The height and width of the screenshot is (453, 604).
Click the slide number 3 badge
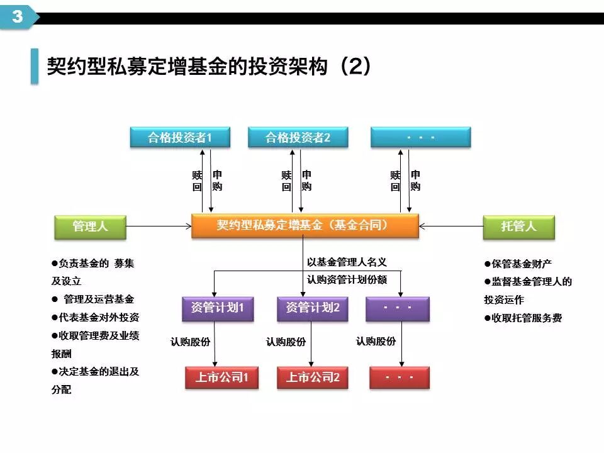coord(17,16)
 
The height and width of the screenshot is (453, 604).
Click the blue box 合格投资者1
coord(180,137)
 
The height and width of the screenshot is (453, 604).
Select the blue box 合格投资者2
coord(298,137)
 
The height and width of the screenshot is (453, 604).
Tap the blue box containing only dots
coord(420,137)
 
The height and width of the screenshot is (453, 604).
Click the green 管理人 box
coord(90,227)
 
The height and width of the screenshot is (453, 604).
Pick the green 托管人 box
coord(518,227)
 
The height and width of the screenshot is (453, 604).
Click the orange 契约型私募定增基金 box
coord(305,226)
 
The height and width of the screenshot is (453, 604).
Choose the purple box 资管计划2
coord(313,308)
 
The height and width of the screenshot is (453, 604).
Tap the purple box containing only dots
coord(398,308)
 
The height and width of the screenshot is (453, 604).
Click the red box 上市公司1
coord(222,377)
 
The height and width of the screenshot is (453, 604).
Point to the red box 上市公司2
coord(313,377)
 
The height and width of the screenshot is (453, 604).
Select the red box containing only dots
coord(399,377)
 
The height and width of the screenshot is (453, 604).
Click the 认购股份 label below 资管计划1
coord(190,342)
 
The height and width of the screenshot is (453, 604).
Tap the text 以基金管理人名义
coord(347,262)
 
